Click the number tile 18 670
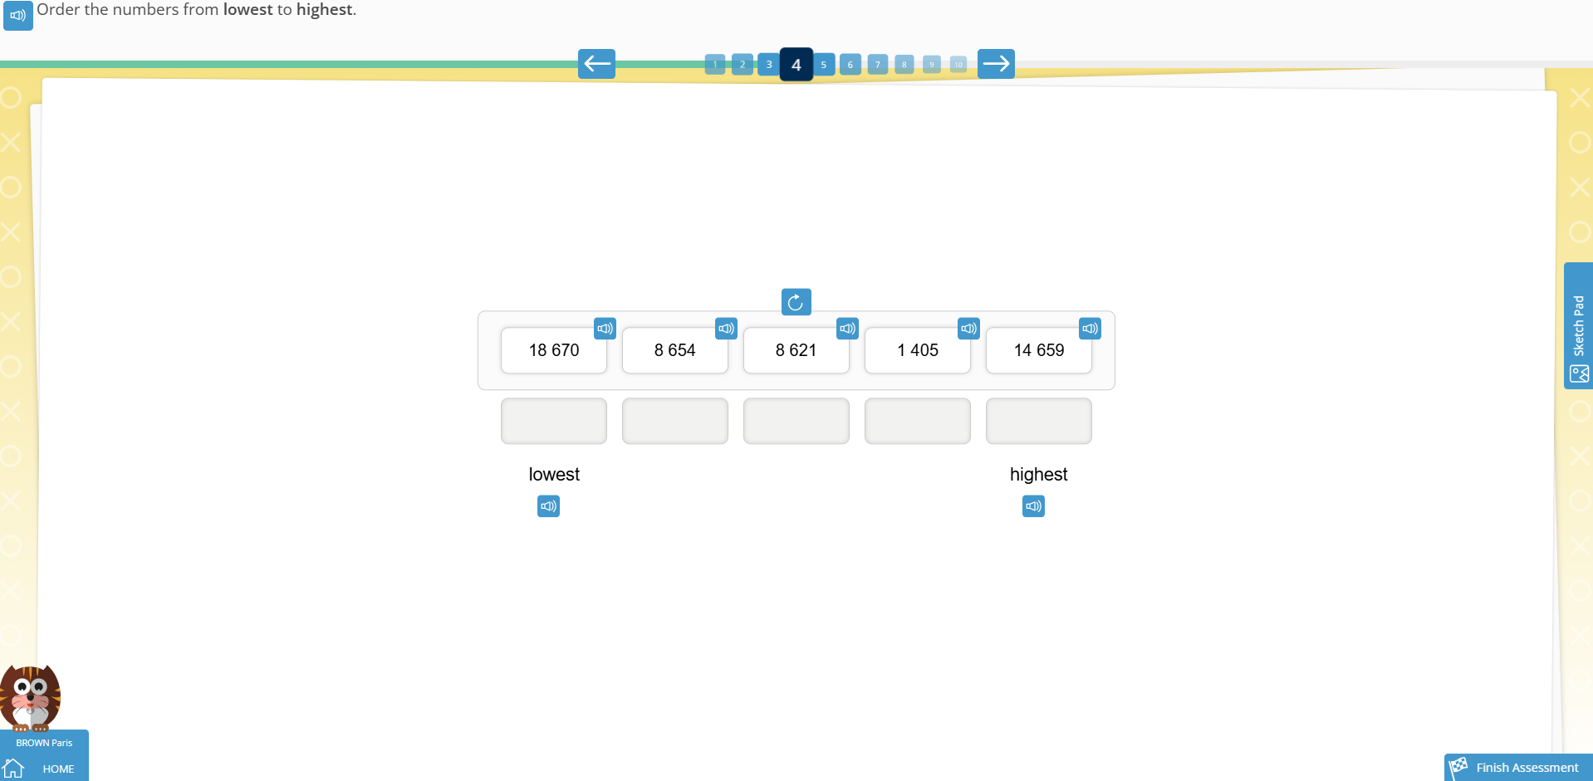click(553, 350)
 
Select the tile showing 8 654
click(674, 350)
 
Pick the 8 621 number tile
click(796, 350)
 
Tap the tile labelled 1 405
click(917, 350)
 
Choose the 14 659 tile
click(1038, 350)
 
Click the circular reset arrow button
click(796, 302)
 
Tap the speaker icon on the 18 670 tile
click(605, 329)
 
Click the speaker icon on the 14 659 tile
click(1090, 329)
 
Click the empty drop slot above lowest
click(553, 421)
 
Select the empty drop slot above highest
click(1038, 421)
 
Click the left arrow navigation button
click(596, 64)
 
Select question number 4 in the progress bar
click(796, 65)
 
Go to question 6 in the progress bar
click(850, 65)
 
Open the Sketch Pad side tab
click(1578, 326)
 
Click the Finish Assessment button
click(1518, 768)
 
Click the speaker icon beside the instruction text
click(17, 15)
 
